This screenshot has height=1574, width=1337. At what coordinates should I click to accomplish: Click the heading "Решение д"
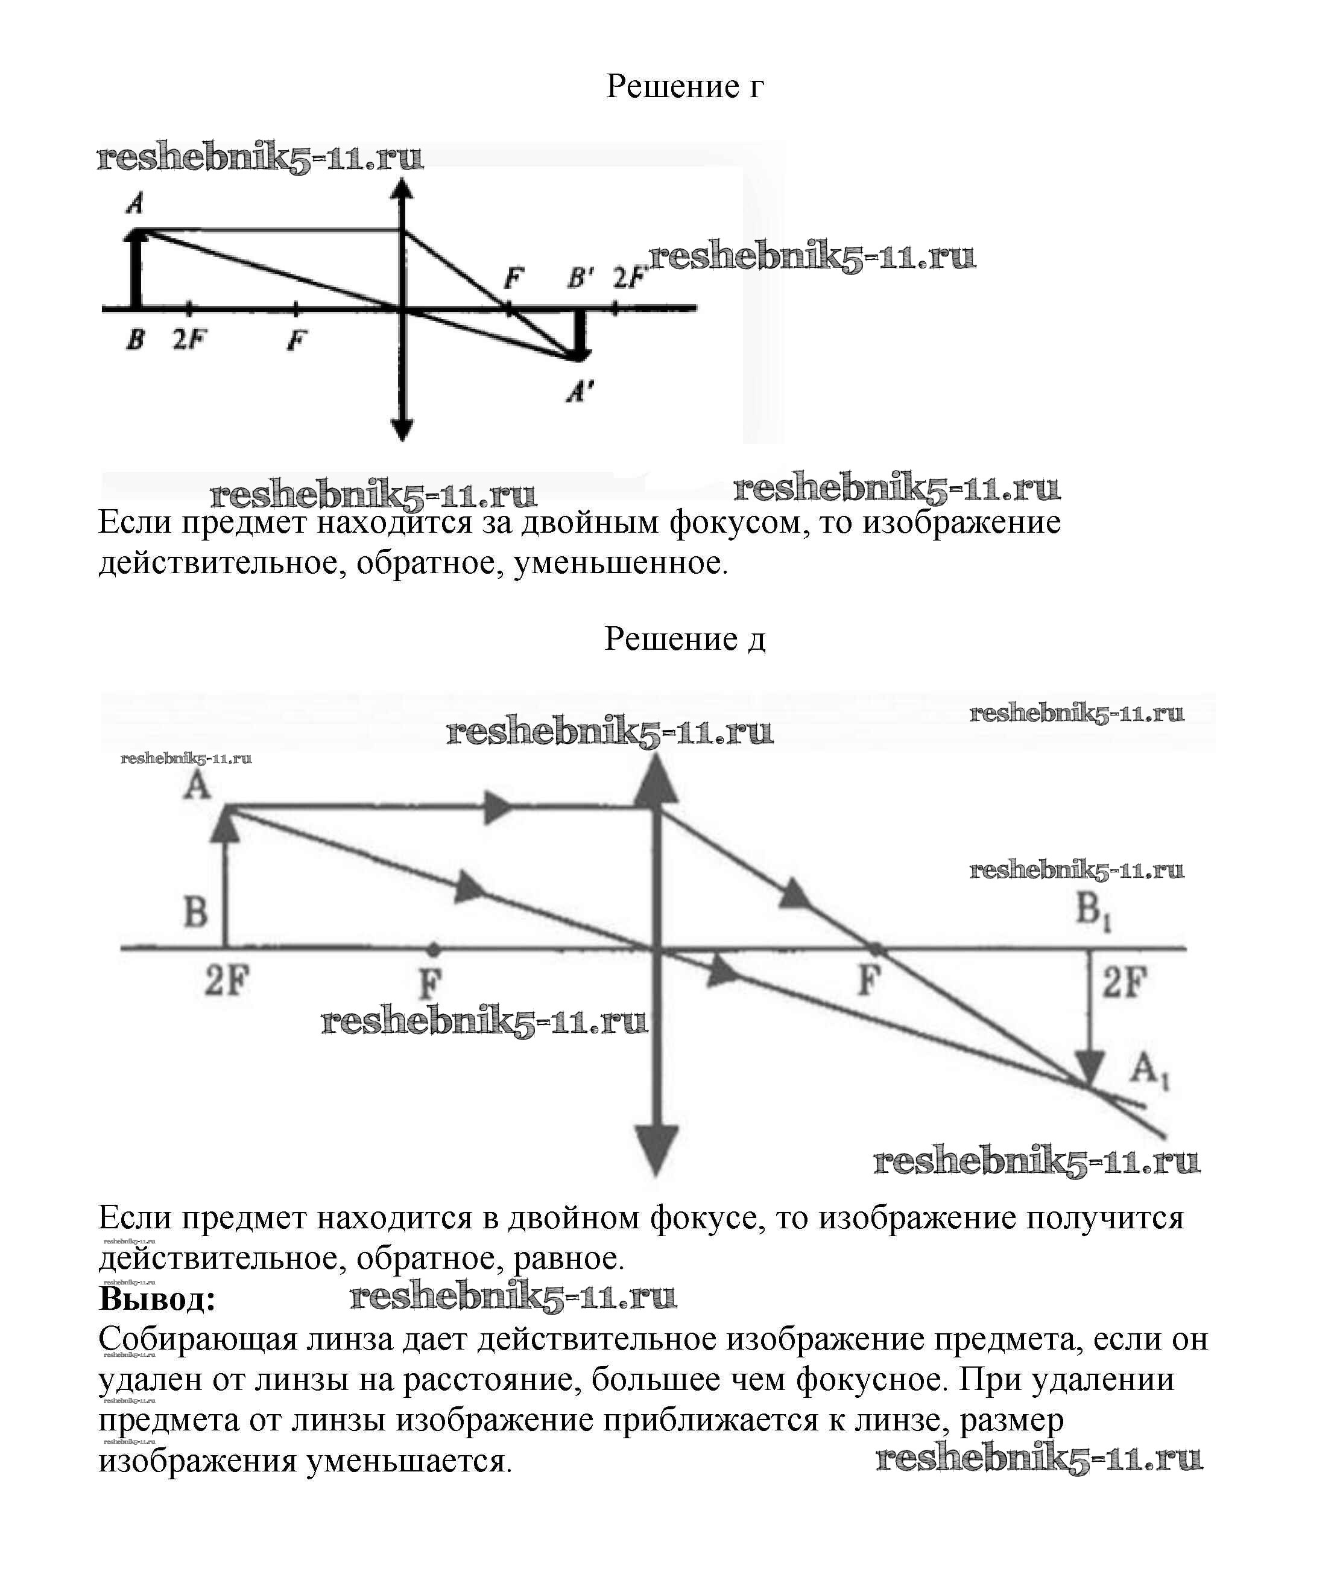[x=684, y=639]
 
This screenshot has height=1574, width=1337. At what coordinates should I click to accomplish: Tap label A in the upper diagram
[x=136, y=203]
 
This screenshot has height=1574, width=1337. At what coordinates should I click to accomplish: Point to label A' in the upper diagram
[x=581, y=391]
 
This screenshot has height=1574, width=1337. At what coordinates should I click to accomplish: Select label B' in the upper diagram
[x=581, y=279]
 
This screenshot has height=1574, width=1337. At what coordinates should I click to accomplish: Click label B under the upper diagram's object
[x=135, y=340]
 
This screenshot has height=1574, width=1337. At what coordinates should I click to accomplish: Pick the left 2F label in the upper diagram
[x=189, y=340]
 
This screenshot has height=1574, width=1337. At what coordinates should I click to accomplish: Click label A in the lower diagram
[x=197, y=786]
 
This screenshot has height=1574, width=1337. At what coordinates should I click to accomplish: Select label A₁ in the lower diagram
[x=1149, y=1071]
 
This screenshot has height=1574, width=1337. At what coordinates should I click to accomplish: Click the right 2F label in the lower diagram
[x=1125, y=983]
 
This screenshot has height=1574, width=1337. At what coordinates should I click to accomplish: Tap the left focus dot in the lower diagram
[x=432, y=948]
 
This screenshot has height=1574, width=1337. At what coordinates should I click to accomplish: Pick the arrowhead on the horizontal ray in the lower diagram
[x=496, y=807]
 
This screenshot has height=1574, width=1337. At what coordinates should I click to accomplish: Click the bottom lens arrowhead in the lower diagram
[x=656, y=1149]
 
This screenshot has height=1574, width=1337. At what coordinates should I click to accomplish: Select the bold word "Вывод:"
[x=157, y=1299]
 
